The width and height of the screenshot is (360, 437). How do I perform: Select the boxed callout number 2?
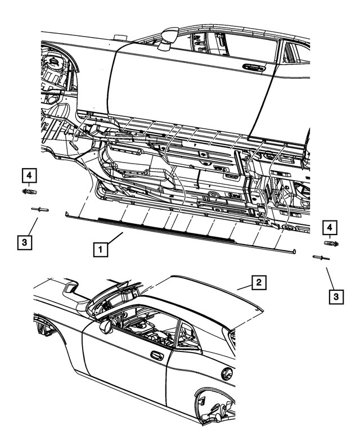tap(258, 282)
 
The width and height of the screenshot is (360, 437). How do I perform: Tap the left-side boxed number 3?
tap(24, 243)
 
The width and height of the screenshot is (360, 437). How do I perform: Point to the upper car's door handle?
tap(254, 67)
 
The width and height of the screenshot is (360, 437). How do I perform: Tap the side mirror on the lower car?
tap(105, 326)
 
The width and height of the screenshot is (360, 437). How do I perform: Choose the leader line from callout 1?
tap(115, 240)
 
